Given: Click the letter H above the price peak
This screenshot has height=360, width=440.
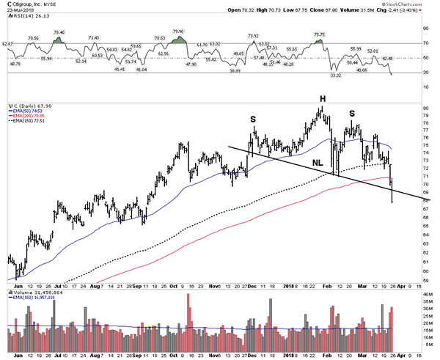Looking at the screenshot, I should [x=322, y=98].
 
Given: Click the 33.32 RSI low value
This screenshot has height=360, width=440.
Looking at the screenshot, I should [x=337, y=75].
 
